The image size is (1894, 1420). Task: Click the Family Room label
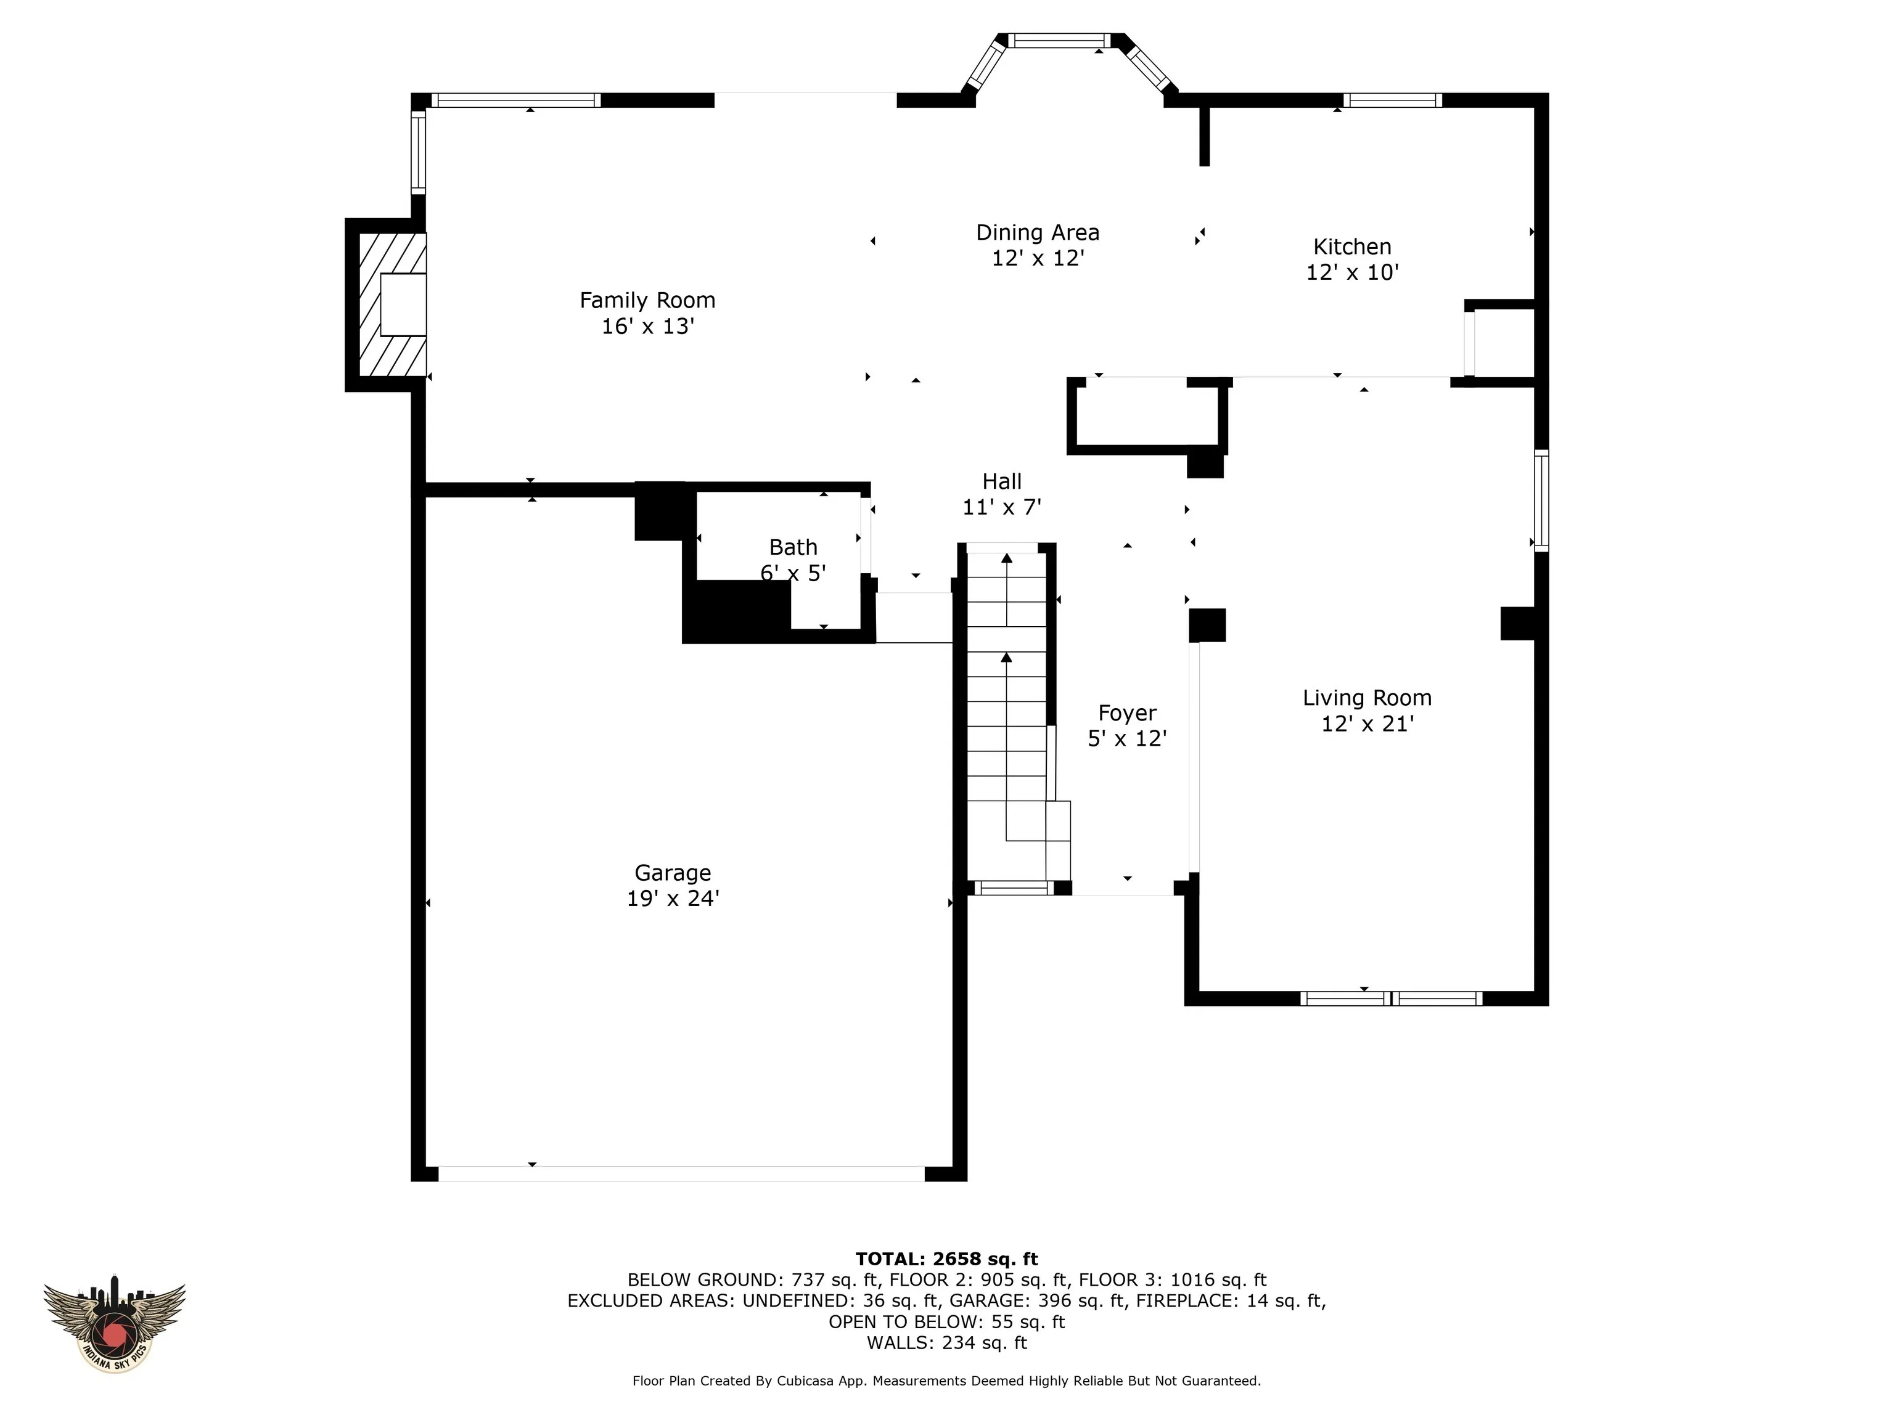click(647, 300)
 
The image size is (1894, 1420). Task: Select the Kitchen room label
click(1352, 247)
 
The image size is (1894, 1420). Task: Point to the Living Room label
click(1367, 698)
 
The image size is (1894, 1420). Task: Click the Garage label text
click(673, 873)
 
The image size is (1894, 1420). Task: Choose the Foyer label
click(1128, 713)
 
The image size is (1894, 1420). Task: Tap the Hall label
click(1002, 482)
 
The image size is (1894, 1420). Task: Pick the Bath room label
click(793, 547)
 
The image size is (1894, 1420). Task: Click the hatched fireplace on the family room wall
click(392, 304)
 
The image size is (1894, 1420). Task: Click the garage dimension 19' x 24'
click(673, 899)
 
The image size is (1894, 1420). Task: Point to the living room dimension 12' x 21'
click(1367, 724)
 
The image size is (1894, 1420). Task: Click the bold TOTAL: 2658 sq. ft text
click(947, 1259)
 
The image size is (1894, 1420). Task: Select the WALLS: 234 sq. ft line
click(947, 1343)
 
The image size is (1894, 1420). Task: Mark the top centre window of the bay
click(1059, 40)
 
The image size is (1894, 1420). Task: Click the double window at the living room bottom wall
click(1392, 998)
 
